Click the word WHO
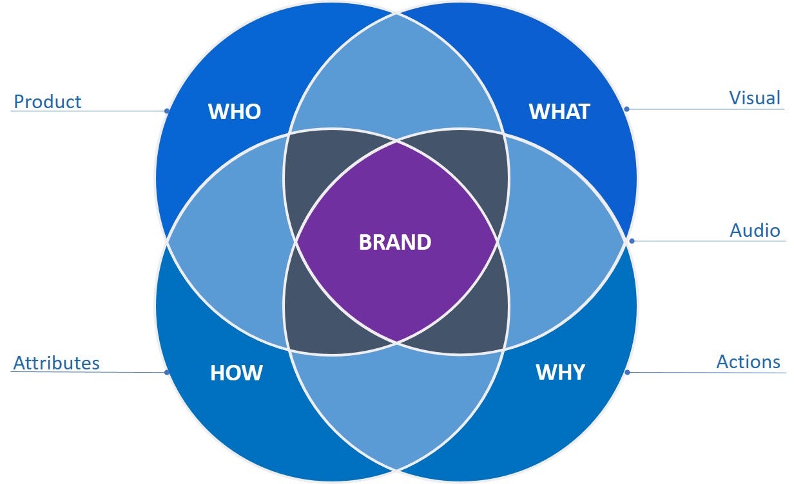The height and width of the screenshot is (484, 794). click(235, 111)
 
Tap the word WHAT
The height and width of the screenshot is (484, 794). click(559, 111)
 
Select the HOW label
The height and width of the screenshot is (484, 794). click(237, 373)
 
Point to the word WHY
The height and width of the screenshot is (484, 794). click(560, 372)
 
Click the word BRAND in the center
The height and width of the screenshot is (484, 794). click(395, 243)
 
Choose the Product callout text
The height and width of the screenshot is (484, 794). click(48, 102)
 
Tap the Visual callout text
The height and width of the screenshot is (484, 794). click(755, 98)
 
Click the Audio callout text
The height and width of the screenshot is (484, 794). click(755, 230)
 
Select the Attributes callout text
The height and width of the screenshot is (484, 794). click(57, 363)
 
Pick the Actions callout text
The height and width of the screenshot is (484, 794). click(748, 362)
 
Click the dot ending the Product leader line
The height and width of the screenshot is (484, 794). click(166, 111)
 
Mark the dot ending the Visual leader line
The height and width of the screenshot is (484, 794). click(626, 109)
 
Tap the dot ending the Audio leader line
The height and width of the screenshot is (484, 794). click(632, 241)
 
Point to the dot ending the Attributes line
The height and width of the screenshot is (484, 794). click(166, 372)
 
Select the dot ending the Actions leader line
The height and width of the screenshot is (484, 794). click(626, 371)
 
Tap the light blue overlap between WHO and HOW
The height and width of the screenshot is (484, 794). click(226, 243)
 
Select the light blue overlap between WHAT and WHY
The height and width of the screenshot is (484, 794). click(564, 243)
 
